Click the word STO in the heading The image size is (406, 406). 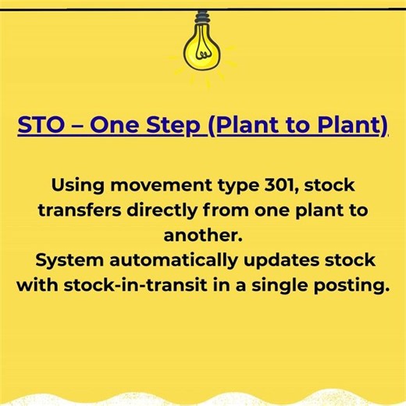(x=40, y=126)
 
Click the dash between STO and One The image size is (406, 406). (x=79, y=127)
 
